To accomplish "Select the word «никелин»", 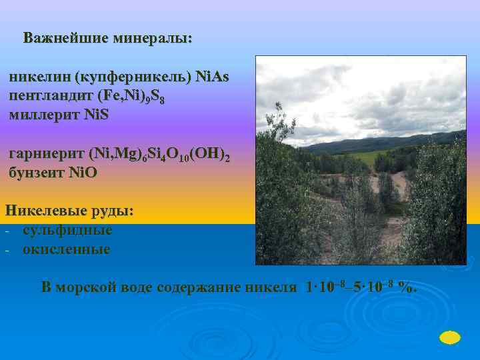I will pos(39,77).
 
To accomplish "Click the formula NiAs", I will pos(212,77).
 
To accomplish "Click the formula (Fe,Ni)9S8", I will pos(136,97).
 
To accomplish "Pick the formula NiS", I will pos(97,115).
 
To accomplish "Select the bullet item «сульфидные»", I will pos(67,230).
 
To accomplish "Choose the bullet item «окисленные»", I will pos(67,249).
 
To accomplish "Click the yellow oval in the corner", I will pos(451,337).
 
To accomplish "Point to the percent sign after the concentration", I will pos(405,287).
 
